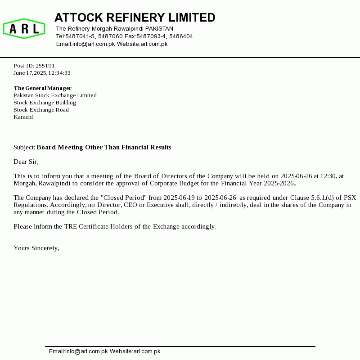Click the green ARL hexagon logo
tap(24, 29)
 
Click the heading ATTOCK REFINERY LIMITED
tap(135, 18)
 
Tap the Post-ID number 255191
tap(45, 66)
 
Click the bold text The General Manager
tap(42, 88)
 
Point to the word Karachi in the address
tap(23, 117)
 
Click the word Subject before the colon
tap(24, 148)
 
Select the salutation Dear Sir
tap(26, 162)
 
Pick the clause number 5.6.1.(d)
tap(327, 198)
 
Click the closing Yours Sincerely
tap(36, 248)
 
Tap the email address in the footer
tap(78, 351)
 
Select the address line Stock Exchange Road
tap(41, 110)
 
